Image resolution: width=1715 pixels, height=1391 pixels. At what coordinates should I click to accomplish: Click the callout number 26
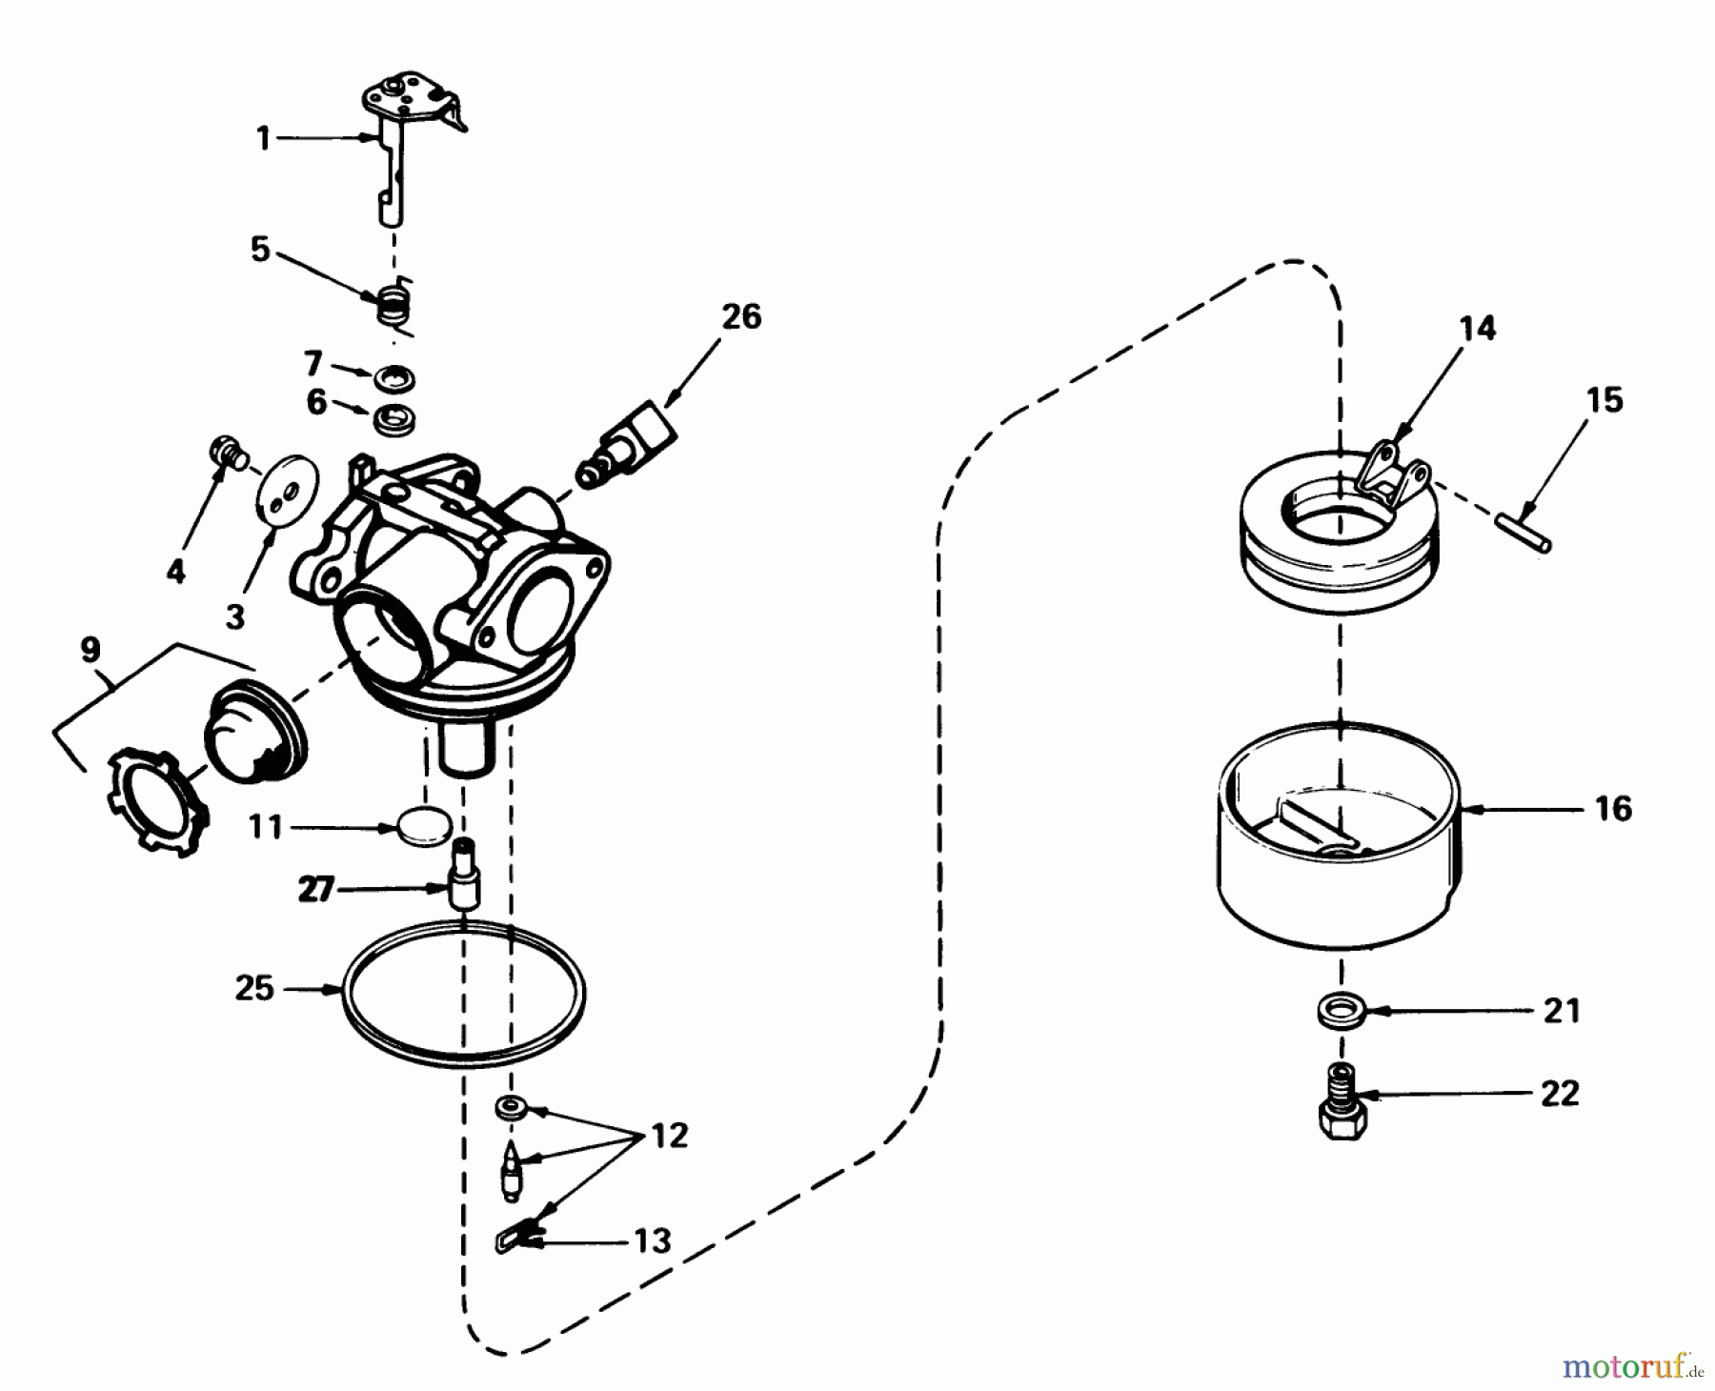[741, 316]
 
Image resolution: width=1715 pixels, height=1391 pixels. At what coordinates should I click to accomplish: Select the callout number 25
[254, 988]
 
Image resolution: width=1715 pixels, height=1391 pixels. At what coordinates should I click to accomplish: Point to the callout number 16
[1612, 809]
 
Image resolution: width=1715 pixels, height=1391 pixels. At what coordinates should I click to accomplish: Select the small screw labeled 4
[227, 452]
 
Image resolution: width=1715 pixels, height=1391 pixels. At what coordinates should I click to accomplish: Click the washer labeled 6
[393, 420]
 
